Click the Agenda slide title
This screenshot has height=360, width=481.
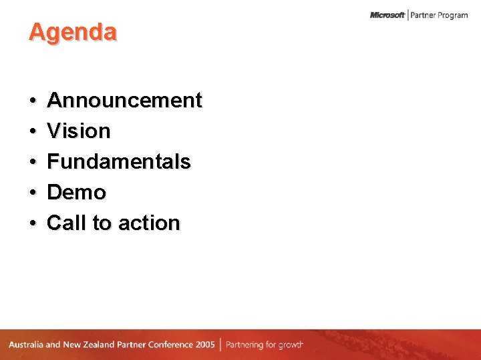pos(72,32)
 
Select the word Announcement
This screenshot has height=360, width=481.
pos(124,101)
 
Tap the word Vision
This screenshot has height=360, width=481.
pos(79,131)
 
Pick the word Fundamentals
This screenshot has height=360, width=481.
pos(119,162)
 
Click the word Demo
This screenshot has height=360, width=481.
pos(77,193)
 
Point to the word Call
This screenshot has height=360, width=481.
pos(67,223)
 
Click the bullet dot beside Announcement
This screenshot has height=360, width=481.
pos(33,101)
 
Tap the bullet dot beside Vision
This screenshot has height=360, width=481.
pos(33,132)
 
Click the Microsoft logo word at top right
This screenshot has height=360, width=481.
pos(387,15)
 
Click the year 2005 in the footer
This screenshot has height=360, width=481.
pos(206,345)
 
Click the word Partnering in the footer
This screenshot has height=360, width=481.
pos(247,345)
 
